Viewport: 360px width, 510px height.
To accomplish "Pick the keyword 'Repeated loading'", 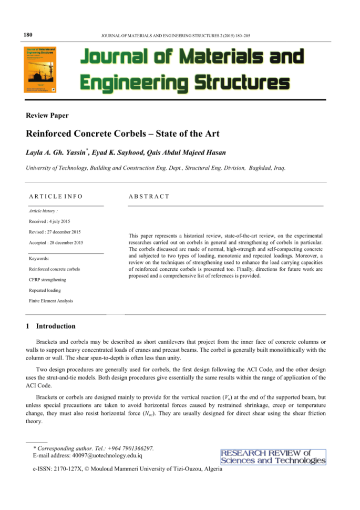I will tap(45, 290).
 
